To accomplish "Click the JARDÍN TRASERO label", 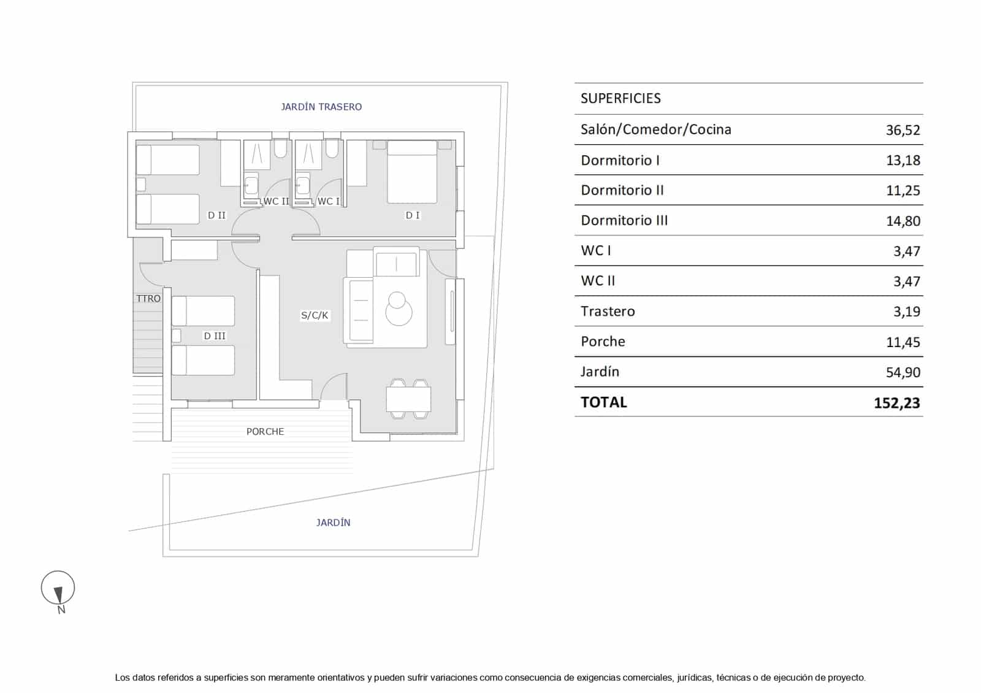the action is tap(321, 107).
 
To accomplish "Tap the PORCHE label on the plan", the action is tap(265, 432).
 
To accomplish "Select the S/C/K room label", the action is tap(315, 315).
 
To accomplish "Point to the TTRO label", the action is tap(148, 299).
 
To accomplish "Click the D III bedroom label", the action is tap(215, 336).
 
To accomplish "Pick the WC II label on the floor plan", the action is tap(277, 202).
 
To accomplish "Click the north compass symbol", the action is tap(58, 591).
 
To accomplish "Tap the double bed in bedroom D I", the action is tap(412, 172).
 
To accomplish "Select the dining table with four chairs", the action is tap(408, 399).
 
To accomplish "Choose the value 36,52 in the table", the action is tap(903, 130).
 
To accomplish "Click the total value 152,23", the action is tap(897, 403).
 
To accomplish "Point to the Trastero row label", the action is tap(608, 312).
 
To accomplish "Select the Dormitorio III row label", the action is tap(625, 220).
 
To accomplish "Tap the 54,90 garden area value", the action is tap(903, 372).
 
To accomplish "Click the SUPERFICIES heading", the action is tap(620, 98).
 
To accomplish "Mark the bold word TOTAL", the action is tap(604, 402).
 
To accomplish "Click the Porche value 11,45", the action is tap(903, 342).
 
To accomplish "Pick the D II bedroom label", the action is tap(216, 215).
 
